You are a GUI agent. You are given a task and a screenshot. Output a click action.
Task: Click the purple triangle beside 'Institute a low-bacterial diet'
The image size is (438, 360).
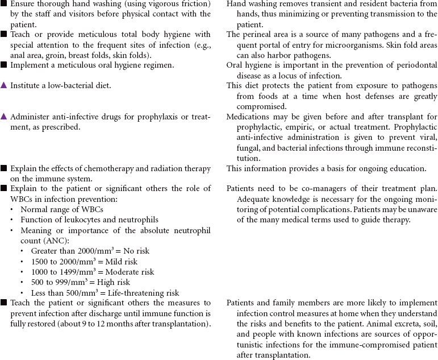point(4,85)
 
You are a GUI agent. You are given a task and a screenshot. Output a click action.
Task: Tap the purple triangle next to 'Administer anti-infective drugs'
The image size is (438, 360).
point(4,117)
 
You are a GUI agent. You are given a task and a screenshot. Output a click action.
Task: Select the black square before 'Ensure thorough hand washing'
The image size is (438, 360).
point(4,4)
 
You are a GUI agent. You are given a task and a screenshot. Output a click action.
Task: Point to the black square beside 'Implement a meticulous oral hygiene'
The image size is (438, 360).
point(4,65)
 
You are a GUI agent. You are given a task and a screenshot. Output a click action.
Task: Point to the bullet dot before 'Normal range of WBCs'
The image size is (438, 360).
point(12,209)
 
